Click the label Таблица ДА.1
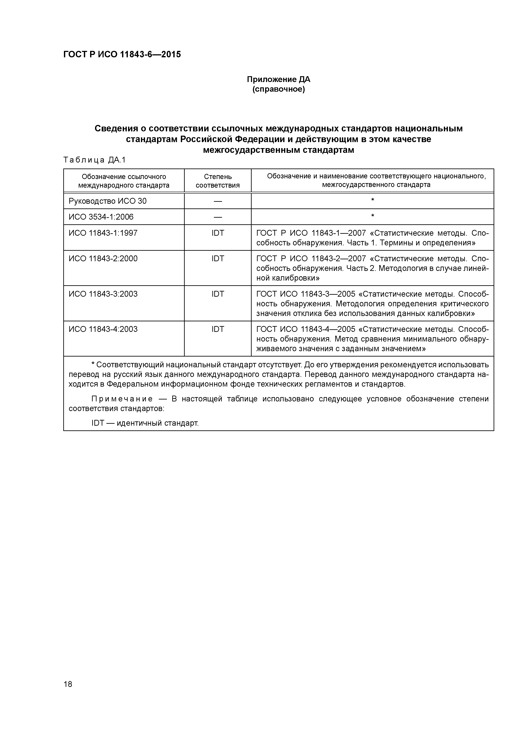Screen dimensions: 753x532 click(94, 160)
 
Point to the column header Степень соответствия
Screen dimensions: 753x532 click(218, 181)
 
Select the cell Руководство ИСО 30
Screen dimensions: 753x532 click(107, 201)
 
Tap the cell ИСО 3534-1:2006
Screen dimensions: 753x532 click(101, 217)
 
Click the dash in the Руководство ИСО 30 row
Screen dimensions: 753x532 click(218, 201)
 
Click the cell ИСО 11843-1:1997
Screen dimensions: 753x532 click(103, 233)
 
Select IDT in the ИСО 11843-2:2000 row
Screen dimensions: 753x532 click(218, 258)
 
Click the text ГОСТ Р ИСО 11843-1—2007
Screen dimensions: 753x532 click(311, 233)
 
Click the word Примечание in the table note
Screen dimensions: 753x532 click(122, 399)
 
